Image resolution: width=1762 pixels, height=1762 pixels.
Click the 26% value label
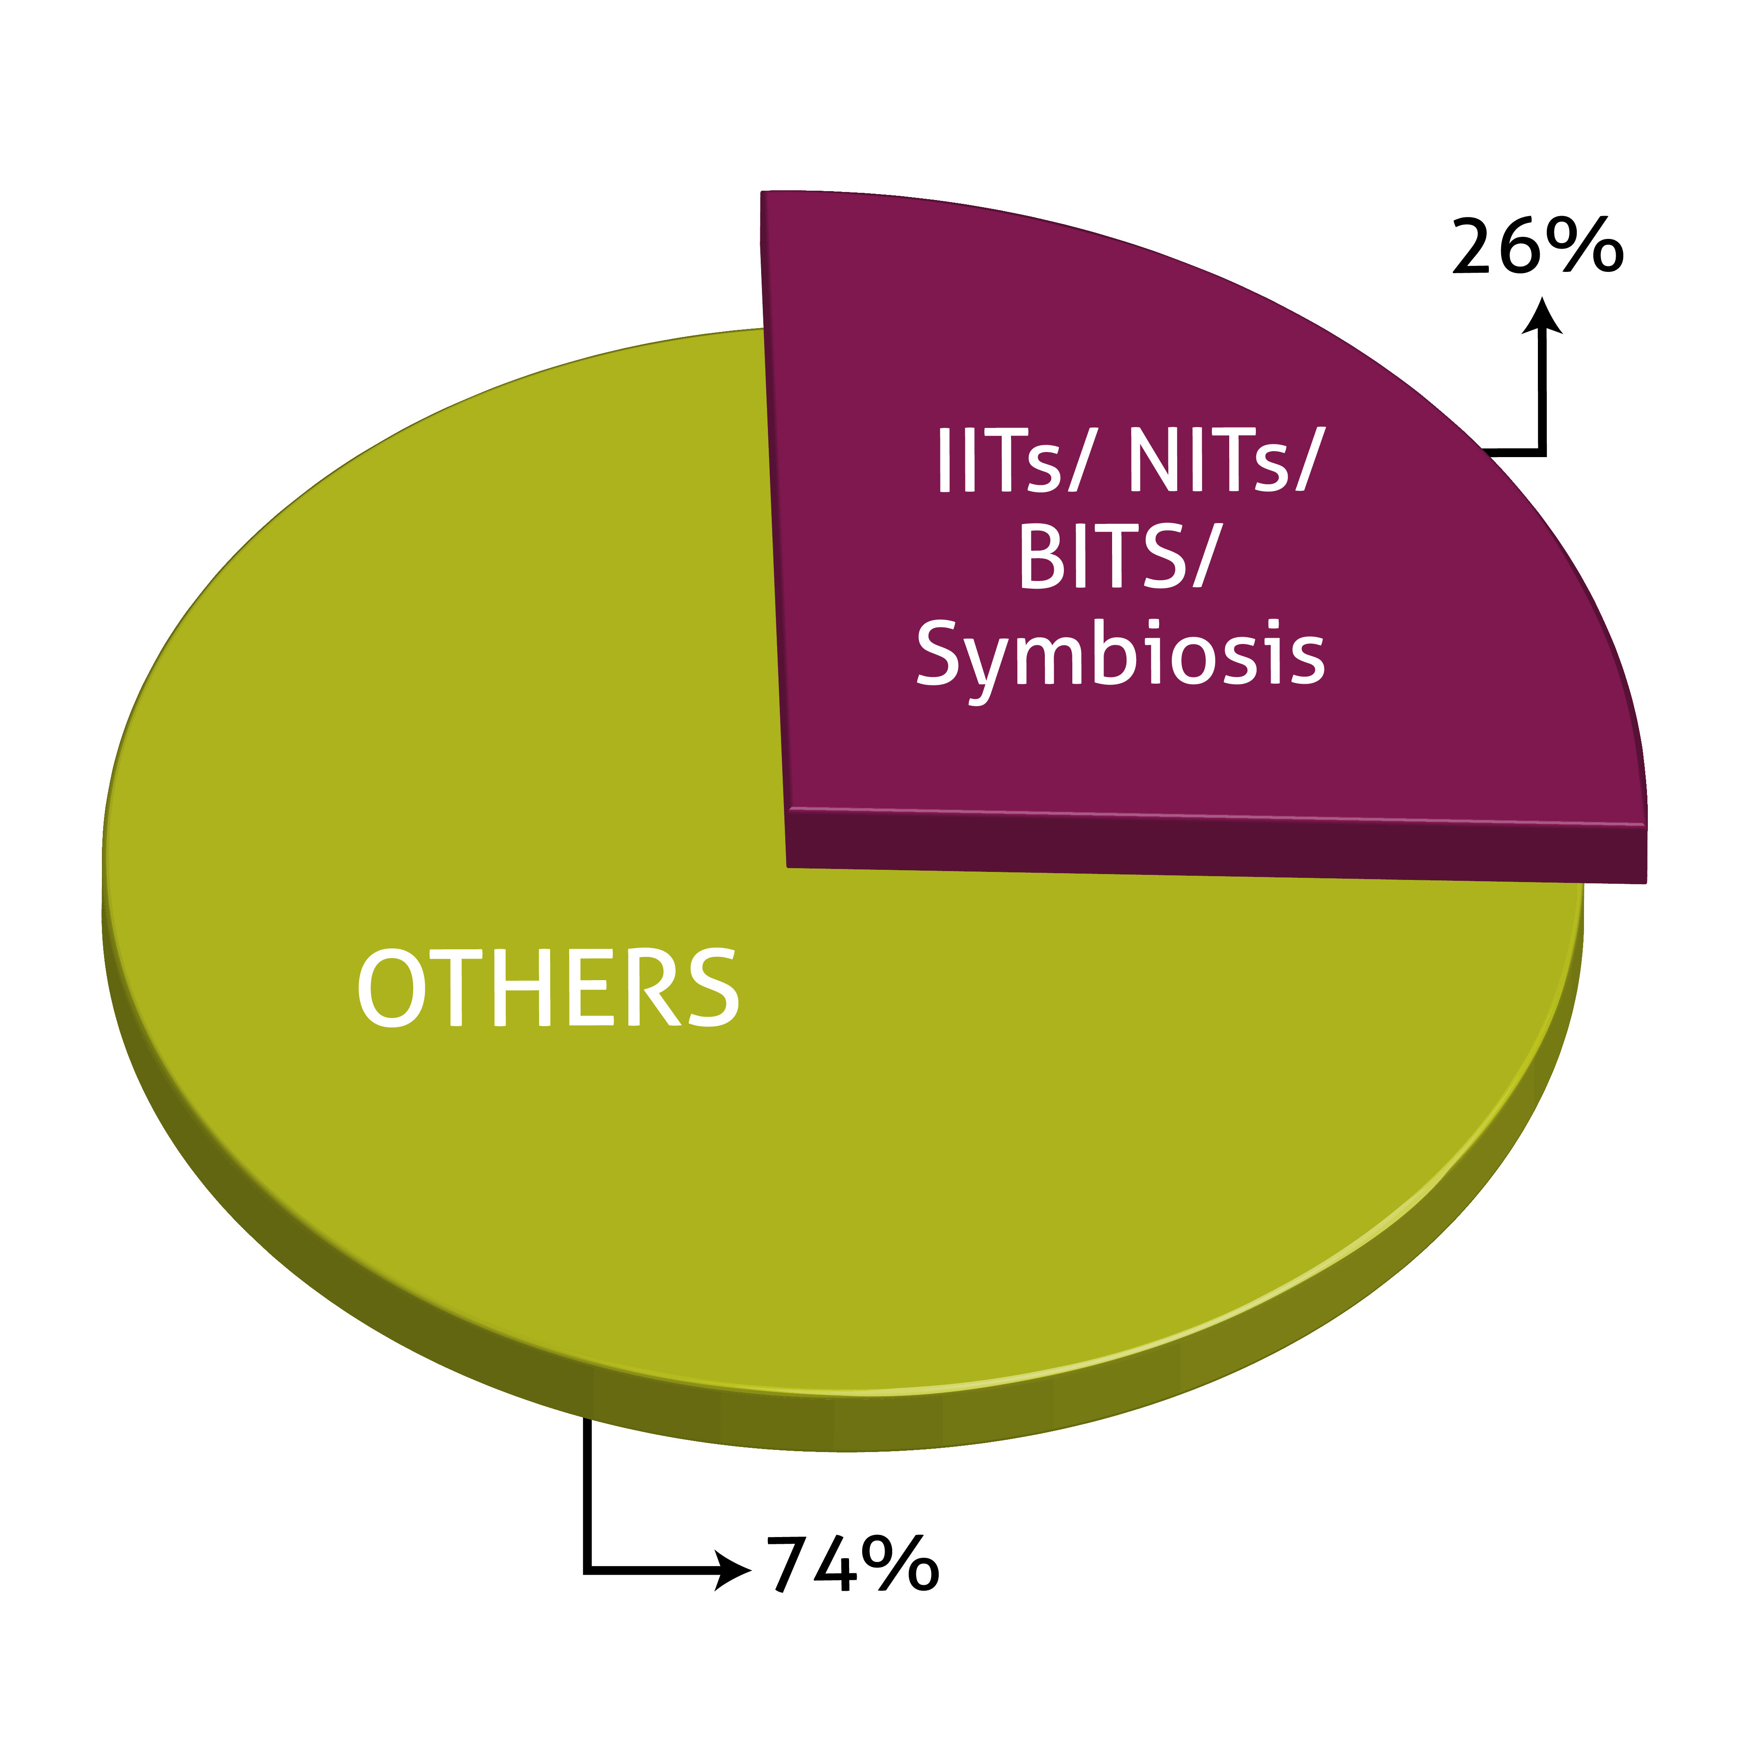[1537, 246]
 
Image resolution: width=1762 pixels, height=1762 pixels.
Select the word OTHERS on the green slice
[547, 988]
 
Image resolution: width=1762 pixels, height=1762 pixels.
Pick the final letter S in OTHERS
[711, 988]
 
